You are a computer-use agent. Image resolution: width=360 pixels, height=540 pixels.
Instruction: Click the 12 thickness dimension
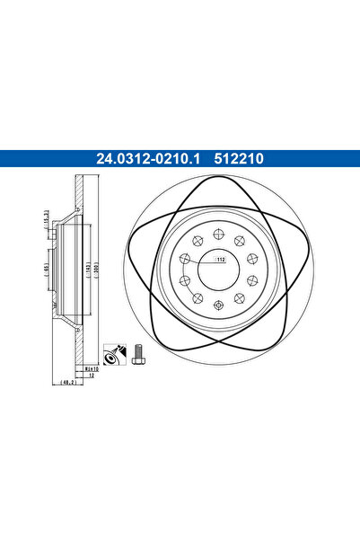(x=91, y=377)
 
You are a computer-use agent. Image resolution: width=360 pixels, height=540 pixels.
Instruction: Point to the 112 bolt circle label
(x=219, y=261)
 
